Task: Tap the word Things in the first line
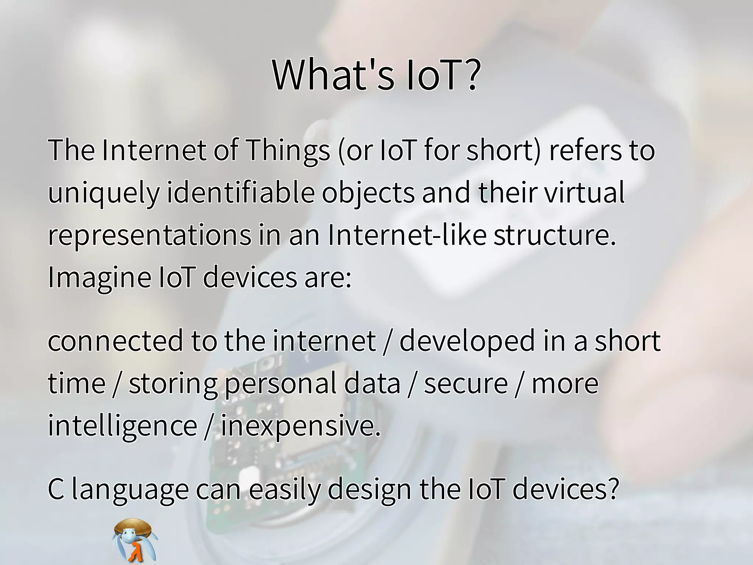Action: [x=288, y=150]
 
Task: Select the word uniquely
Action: [x=104, y=193]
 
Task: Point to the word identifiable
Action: [x=241, y=192]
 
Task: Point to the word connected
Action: [x=115, y=341]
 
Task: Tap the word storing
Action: [x=173, y=384]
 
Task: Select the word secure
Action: [x=466, y=384]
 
